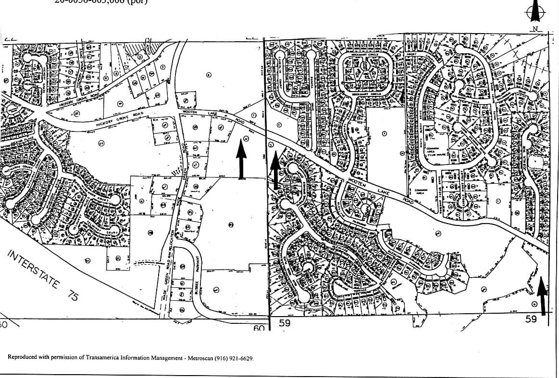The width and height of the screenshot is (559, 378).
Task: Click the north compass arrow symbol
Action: click(x=534, y=11)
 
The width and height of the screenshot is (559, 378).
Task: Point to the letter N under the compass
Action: click(x=534, y=29)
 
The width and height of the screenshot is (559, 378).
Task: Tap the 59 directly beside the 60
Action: click(x=285, y=323)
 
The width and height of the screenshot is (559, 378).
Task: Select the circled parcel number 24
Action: click(x=101, y=143)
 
